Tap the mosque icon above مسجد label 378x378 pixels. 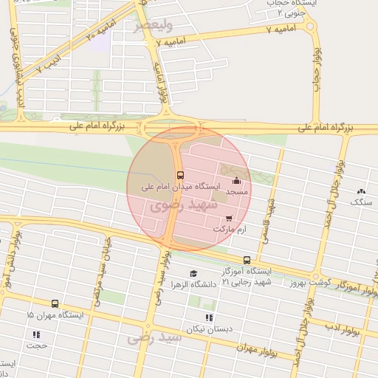tap(236, 181)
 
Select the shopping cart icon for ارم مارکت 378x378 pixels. tap(229, 218)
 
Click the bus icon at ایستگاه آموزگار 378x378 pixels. tap(247, 260)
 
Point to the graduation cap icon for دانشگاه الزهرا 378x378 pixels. tap(193, 273)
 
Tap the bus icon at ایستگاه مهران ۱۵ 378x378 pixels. tap(55, 303)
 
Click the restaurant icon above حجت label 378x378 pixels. tap(36, 334)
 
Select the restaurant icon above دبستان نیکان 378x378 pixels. tap(209, 317)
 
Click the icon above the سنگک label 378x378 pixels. tap(361, 190)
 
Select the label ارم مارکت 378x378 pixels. tap(229, 230)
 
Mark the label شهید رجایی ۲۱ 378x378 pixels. tap(247, 281)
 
